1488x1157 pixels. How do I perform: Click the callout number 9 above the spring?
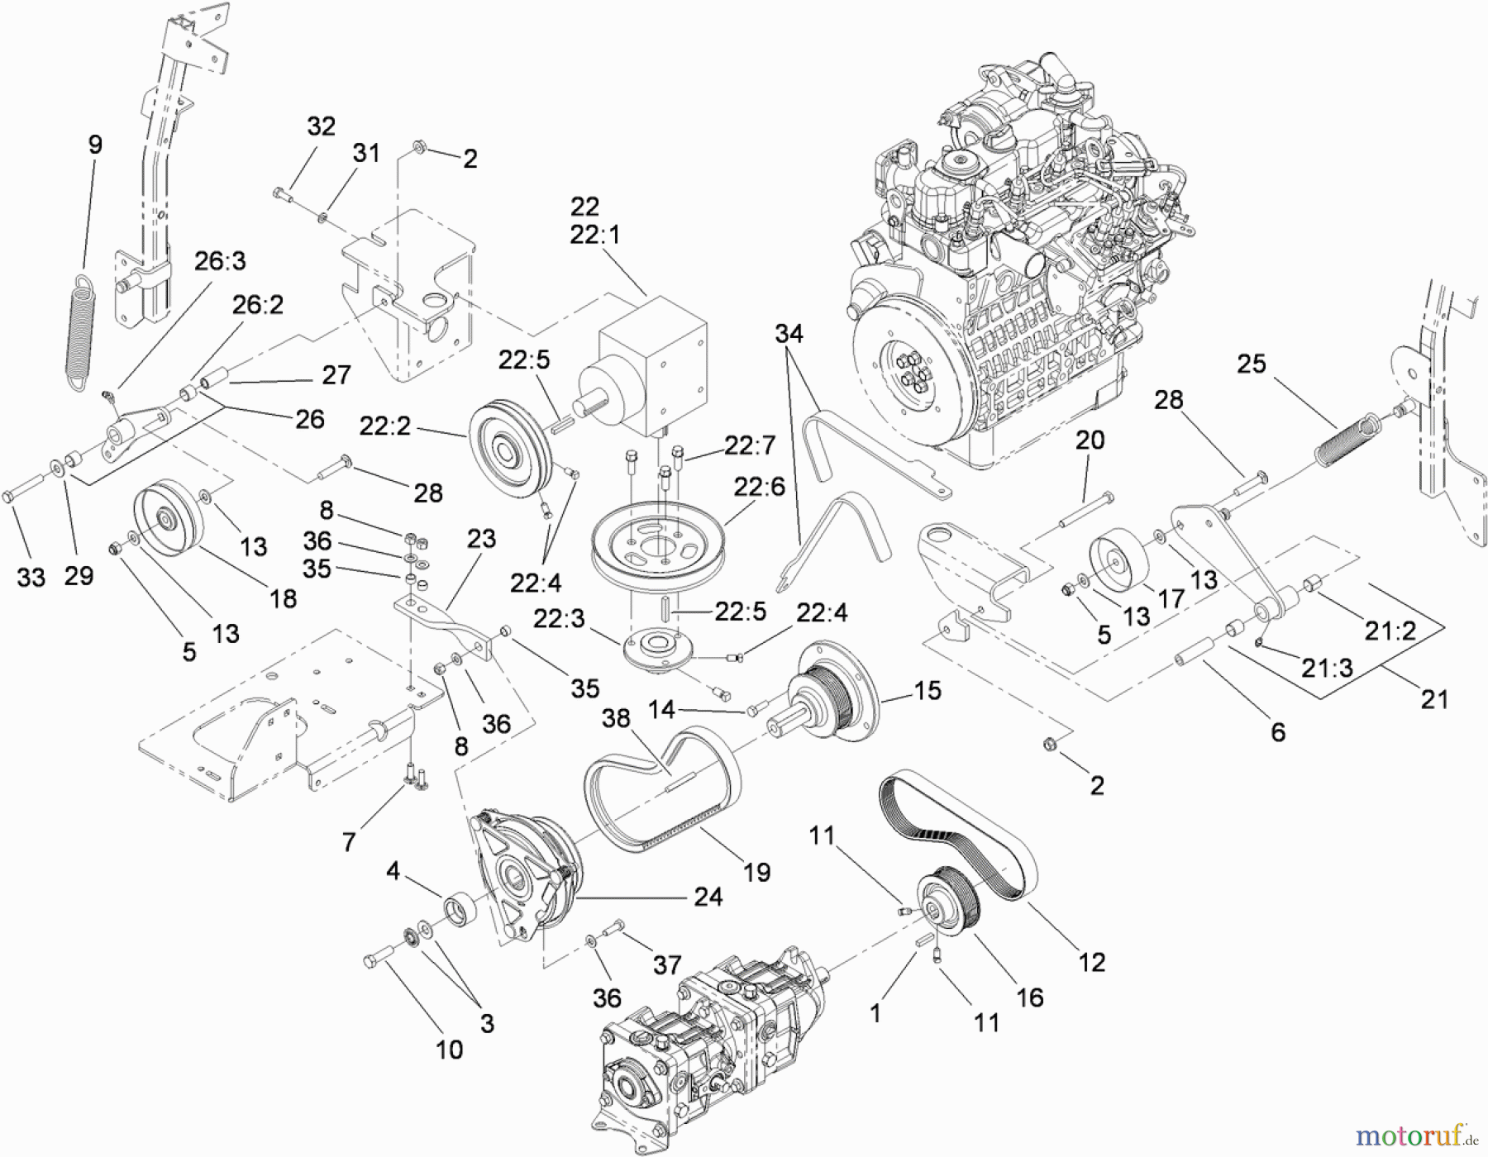95,145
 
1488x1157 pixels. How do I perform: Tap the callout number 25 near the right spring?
1251,364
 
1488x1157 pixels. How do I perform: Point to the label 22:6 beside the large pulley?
758,488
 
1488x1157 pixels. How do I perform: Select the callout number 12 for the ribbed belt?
1091,962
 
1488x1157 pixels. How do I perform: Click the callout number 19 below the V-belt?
756,872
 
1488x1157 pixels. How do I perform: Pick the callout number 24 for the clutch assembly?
708,897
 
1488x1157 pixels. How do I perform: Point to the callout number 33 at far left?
31,577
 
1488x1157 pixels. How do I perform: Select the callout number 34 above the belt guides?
789,333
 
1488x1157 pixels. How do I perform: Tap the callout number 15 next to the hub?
928,690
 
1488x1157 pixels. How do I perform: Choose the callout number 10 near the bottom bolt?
449,1050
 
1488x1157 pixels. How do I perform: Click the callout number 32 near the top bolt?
321,126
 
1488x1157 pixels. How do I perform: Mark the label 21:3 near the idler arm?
1327,667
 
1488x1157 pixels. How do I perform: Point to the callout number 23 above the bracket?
481,539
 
